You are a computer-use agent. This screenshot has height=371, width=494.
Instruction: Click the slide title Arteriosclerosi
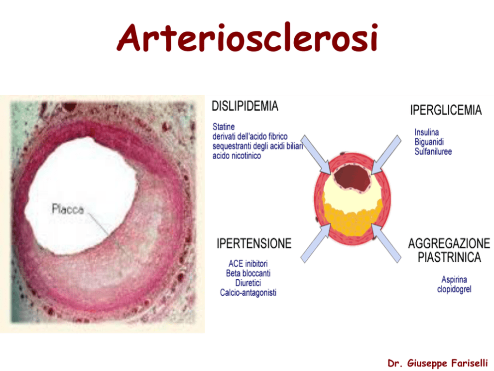[247, 37]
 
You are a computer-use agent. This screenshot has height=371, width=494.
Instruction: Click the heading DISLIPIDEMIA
[245, 106]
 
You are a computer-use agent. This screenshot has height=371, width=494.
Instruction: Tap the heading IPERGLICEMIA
[446, 110]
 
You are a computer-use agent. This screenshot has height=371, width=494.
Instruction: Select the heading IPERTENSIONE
[254, 243]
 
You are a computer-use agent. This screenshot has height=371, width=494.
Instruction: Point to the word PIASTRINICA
[449, 257]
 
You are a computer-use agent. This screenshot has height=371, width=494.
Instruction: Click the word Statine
[224, 127]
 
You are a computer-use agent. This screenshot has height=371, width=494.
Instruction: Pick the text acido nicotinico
[237, 156]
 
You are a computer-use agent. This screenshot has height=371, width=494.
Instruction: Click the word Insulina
[427, 132]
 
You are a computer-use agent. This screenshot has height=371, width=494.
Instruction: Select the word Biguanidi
[429, 142]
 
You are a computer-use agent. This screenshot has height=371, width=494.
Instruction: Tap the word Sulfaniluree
[433, 152]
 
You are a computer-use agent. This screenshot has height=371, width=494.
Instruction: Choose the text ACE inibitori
[248, 263]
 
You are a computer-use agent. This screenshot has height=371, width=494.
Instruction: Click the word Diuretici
[248, 283]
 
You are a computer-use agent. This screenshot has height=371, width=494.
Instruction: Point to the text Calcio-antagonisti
[248, 293]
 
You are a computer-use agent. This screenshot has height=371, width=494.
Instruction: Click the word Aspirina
[454, 280]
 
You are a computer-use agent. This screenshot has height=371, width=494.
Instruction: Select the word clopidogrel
[454, 289]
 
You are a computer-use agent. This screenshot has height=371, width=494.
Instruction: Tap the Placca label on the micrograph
[68, 209]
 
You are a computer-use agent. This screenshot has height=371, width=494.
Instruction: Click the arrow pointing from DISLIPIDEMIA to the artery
[316, 155]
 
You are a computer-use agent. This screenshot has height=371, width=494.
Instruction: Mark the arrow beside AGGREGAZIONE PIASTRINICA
[386, 243]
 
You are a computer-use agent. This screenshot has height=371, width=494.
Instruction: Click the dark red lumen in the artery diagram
[353, 178]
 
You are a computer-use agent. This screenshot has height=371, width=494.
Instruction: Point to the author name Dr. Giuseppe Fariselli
[438, 363]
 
